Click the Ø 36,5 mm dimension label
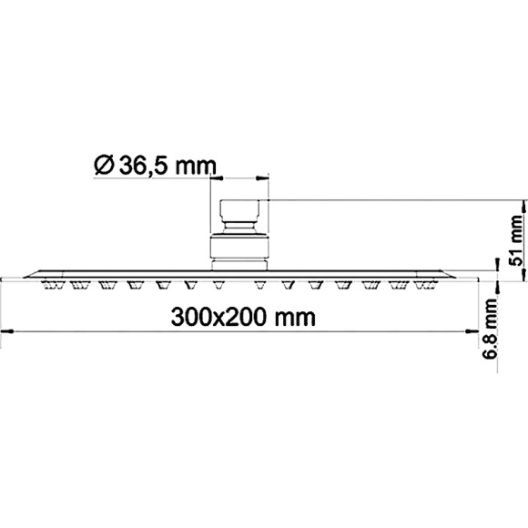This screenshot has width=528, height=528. point(154,165)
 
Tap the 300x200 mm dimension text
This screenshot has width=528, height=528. point(243,318)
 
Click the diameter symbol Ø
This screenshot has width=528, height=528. point(103,165)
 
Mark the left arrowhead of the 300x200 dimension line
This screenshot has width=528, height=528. point(5,330)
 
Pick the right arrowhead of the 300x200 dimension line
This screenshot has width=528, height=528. point(480,330)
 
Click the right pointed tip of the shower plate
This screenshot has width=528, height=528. point(479,276)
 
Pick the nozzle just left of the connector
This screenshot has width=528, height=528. point(218,286)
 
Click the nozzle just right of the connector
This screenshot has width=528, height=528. point(260,286)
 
